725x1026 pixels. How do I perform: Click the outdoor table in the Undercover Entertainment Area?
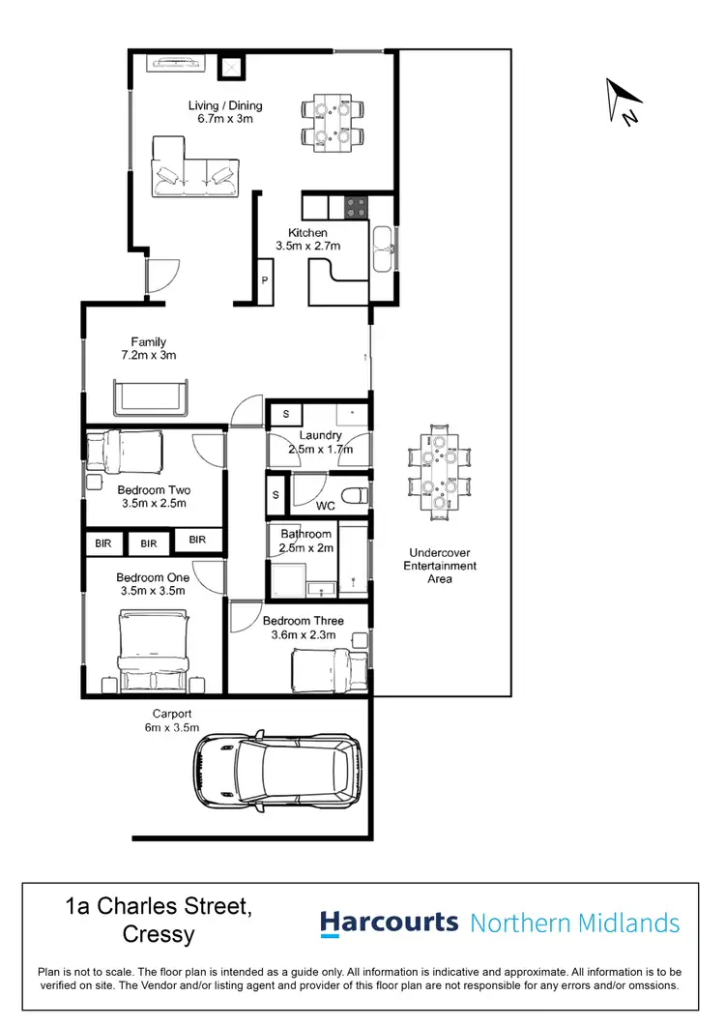coord(440,472)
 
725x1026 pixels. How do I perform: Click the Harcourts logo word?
coord(389,923)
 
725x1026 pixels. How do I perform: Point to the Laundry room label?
coord(319,436)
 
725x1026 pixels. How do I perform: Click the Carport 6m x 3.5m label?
coord(164,720)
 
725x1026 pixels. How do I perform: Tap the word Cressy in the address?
coord(159,935)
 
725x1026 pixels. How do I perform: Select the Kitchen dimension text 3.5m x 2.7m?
coord(307,247)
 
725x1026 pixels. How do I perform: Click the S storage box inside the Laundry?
coord(285,415)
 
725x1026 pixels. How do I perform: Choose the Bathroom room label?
coord(306,534)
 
